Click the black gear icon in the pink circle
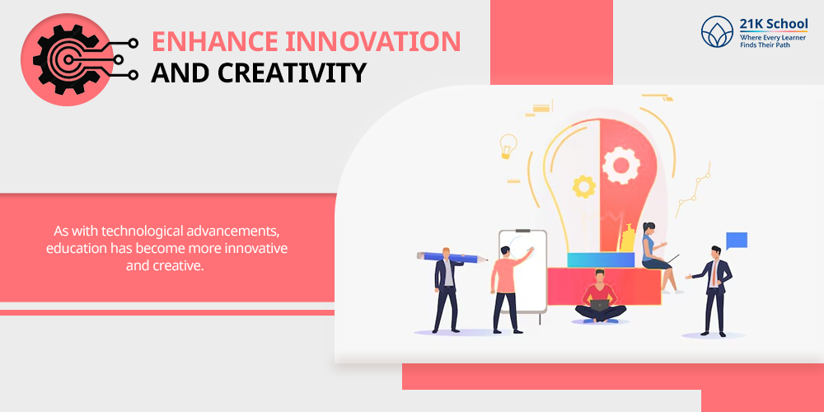click(x=67, y=59)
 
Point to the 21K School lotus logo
click(x=717, y=31)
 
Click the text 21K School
click(x=773, y=24)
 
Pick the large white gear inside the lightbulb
click(x=621, y=165)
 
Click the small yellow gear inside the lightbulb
click(x=584, y=186)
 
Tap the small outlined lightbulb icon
click(x=508, y=146)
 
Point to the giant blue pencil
click(x=452, y=257)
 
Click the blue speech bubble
click(x=736, y=240)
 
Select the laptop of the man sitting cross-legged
click(x=600, y=306)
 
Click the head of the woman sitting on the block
click(x=649, y=228)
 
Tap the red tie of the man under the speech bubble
click(x=714, y=274)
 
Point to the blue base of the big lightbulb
click(x=601, y=260)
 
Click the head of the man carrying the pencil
click(x=447, y=253)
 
